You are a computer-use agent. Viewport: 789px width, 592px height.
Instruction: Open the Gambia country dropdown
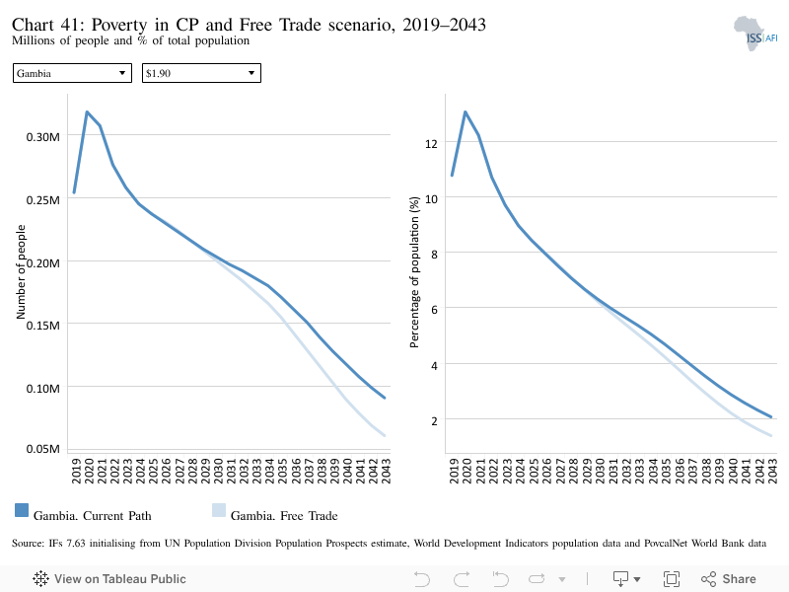click(72, 73)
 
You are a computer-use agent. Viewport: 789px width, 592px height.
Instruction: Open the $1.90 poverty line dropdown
click(201, 73)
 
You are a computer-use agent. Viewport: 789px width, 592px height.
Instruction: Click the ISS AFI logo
click(755, 34)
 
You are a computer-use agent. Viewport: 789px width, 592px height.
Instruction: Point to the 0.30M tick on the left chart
click(42, 137)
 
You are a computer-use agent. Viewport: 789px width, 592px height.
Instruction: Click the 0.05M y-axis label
click(42, 449)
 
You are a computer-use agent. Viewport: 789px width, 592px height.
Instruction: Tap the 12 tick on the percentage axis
click(431, 144)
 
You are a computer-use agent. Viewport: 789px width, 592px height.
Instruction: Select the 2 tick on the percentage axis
click(434, 421)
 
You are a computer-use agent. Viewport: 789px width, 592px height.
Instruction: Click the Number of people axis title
click(21, 272)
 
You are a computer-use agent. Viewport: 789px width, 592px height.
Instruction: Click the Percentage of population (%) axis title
click(414, 272)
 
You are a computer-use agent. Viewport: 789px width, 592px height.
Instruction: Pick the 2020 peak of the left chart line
click(87, 111)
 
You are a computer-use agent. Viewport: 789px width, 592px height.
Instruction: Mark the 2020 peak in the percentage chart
click(465, 111)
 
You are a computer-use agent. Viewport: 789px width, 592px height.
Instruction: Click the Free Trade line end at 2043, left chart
click(385, 435)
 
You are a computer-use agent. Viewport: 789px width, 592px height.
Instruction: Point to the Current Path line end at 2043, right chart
click(771, 416)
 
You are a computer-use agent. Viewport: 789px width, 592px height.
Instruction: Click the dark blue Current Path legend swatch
click(22, 510)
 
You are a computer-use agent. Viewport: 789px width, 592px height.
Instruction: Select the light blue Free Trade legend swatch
click(219, 510)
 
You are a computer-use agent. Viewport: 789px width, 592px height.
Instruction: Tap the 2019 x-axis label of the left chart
click(76, 471)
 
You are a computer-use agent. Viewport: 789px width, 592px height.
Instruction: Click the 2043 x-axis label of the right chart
click(772, 471)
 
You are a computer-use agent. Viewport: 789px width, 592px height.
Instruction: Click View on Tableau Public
click(109, 579)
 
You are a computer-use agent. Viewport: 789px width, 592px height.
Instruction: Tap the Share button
click(729, 579)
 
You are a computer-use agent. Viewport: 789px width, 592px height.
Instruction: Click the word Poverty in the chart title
click(119, 25)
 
